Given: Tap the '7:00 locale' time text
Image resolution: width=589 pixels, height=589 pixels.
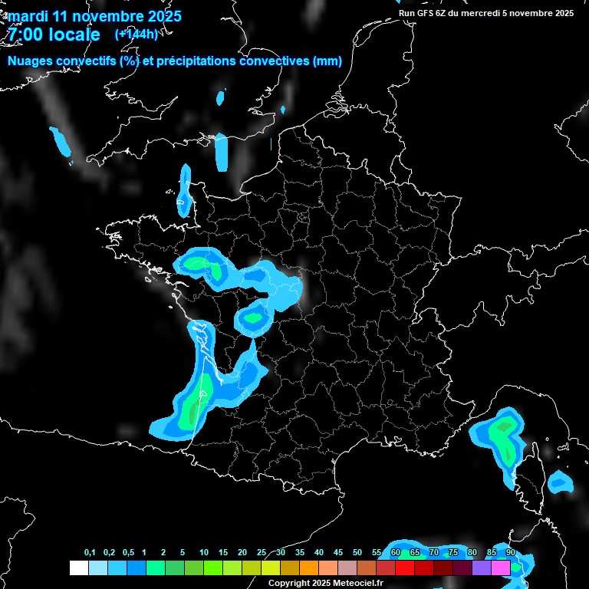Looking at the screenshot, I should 54,35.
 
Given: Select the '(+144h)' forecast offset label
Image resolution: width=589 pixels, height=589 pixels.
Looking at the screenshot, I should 136,35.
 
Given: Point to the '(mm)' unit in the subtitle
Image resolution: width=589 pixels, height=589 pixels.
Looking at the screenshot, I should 327,61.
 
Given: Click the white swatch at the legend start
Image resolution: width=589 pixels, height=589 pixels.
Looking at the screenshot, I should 78,568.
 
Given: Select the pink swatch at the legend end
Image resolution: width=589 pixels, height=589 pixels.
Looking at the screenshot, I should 501,568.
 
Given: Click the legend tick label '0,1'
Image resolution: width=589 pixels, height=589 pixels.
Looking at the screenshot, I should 90,553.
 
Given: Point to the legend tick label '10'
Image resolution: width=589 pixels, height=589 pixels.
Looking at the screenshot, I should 203,553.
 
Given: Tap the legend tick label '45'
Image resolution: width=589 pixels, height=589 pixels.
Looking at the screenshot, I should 338,553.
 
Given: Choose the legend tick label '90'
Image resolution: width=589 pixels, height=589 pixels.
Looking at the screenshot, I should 510,553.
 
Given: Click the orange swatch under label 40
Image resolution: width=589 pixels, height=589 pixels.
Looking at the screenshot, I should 309,568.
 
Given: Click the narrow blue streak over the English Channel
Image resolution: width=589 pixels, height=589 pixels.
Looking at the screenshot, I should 222,152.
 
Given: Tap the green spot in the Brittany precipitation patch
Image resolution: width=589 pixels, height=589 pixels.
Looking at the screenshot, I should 196,265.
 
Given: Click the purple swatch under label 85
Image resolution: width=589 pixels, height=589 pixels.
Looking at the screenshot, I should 482,568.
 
